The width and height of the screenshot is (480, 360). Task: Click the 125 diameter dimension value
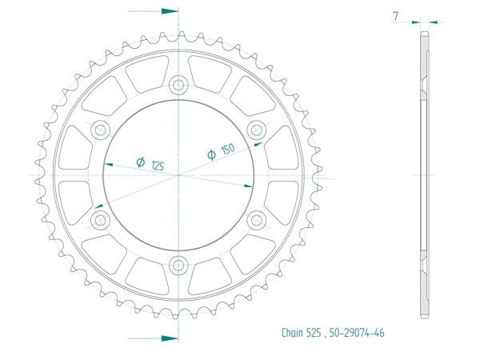tap(158, 166)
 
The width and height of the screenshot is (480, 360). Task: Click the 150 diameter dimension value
tap(228, 149)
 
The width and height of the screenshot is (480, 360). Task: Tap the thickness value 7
tap(396, 16)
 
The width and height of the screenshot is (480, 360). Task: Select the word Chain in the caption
tap(292, 333)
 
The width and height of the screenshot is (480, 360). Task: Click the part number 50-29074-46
tap(357, 333)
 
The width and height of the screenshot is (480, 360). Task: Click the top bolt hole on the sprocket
tap(178, 85)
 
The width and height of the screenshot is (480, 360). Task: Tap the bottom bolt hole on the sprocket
tap(178, 265)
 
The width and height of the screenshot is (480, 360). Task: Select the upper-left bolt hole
tap(101, 130)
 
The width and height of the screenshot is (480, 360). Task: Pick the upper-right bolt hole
tap(257, 130)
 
